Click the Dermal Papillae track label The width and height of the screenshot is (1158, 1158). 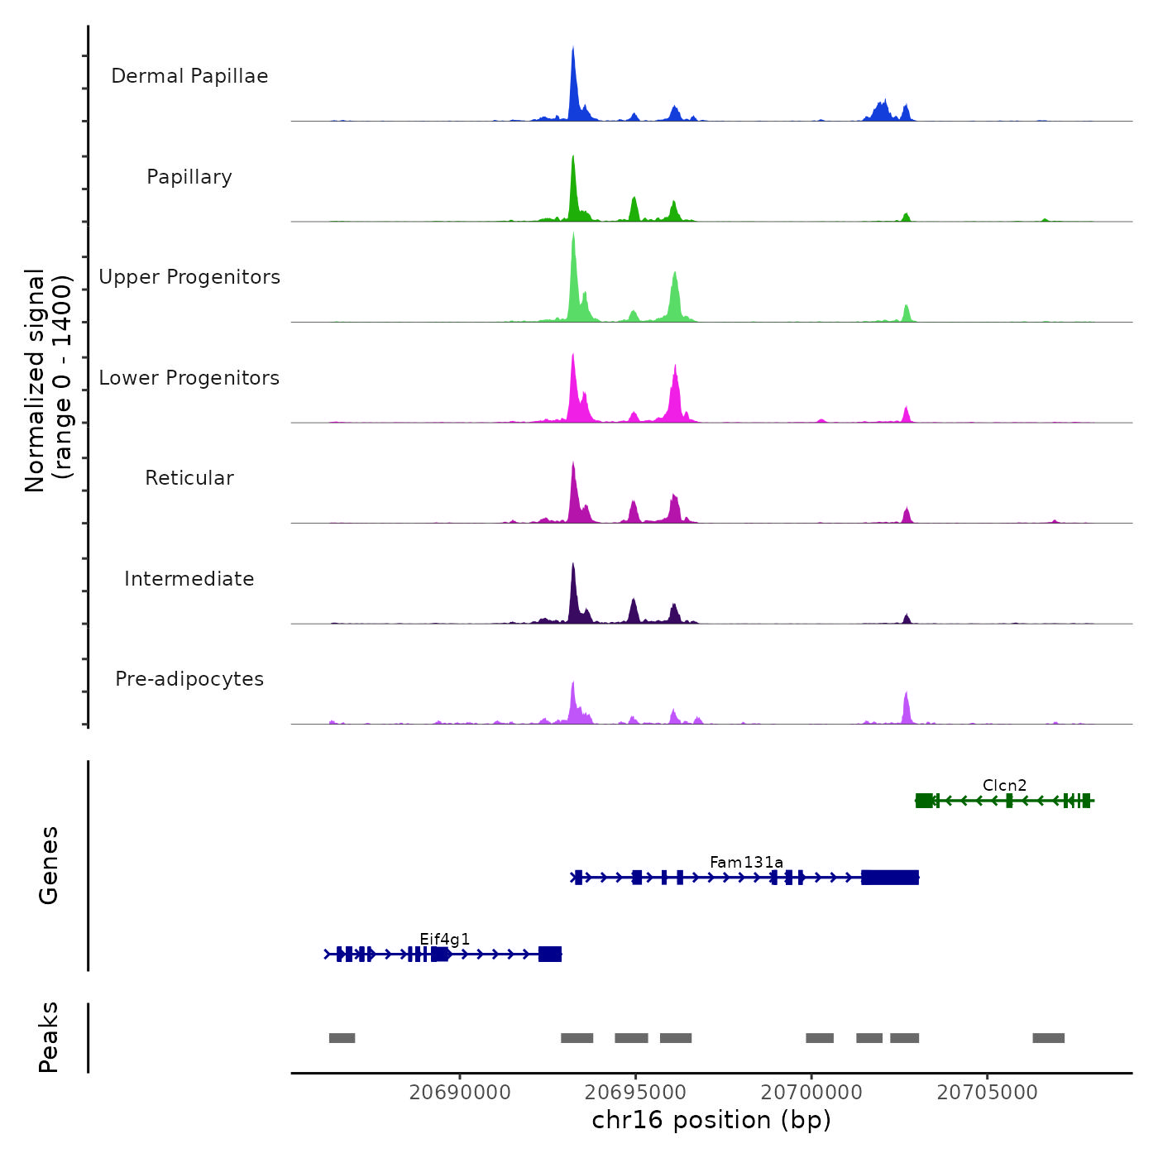point(189,76)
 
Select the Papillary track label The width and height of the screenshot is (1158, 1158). point(189,177)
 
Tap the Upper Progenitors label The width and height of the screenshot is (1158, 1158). point(189,277)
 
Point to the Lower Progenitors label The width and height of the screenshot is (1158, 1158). point(189,378)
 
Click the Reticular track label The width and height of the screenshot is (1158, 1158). point(189,478)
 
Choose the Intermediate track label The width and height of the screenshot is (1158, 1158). point(189,579)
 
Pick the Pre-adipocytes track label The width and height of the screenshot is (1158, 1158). point(189,679)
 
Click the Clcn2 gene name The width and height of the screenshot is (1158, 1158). point(1004,786)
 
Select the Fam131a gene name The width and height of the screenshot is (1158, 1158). point(746,863)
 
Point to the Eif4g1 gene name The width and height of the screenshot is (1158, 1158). point(444,939)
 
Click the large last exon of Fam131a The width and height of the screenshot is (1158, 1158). point(889,878)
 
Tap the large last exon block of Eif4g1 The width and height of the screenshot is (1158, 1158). point(550,955)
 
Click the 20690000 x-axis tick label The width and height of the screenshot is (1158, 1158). point(460,1093)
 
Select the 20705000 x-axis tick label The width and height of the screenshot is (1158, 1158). point(987,1093)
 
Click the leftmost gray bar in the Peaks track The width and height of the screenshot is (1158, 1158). point(342,1038)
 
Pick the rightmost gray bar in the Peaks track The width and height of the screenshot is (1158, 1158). point(1048,1038)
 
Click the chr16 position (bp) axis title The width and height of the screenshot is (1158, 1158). point(711,1120)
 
